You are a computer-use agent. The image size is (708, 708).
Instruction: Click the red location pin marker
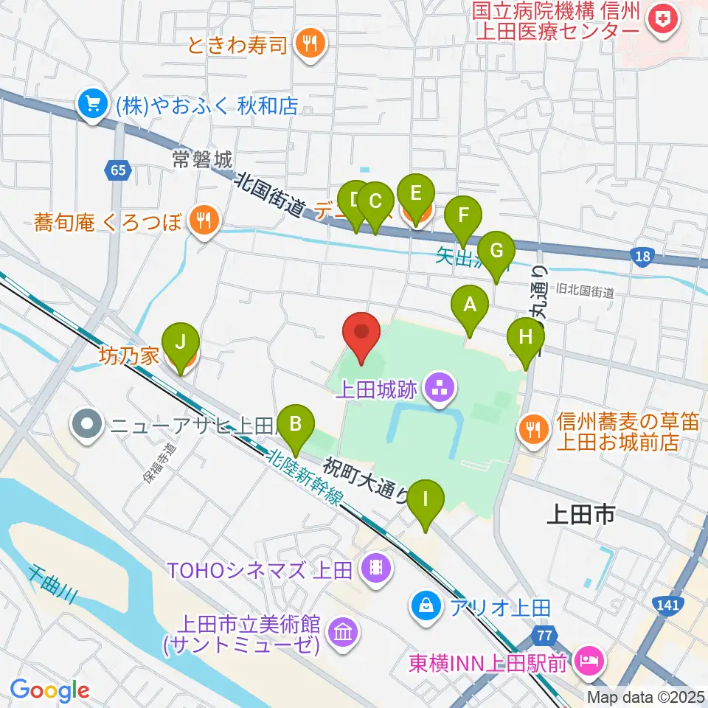click(362, 336)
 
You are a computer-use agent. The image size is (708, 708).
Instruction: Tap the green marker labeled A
click(469, 309)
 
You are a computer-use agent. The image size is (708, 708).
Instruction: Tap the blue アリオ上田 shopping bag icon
click(426, 607)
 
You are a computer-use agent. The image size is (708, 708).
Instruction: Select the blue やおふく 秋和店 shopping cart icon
click(92, 105)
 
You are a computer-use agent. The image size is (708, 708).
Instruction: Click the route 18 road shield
click(642, 255)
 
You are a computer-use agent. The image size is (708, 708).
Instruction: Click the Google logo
click(49, 691)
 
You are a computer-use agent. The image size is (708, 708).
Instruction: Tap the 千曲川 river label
click(52, 586)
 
